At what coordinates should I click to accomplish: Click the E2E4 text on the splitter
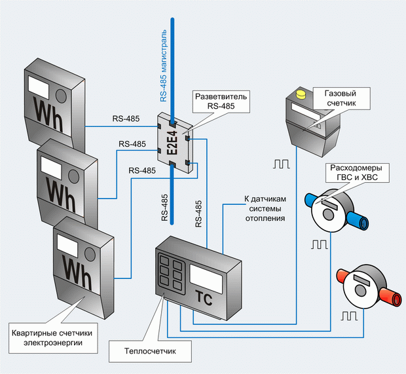pyautogui.click(x=172, y=143)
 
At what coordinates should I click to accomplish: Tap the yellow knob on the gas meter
pyautogui.click(x=301, y=94)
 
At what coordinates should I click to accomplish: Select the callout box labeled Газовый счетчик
pyautogui.click(x=342, y=98)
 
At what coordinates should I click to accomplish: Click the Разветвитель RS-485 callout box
pyautogui.click(x=221, y=102)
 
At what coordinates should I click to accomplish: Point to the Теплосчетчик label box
pyautogui.click(x=150, y=351)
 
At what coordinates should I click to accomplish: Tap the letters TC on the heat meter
pyautogui.click(x=203, y=299)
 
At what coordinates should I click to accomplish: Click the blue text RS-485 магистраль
pyautogui.click(x=164, y=65)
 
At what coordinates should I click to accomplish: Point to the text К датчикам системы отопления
pyautogui.click(x=265, y=208)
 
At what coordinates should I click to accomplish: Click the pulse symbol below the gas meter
pyautogui.click(x=282, y=164)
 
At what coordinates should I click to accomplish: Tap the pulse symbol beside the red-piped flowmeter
pyautogui.click(x=349, y=316)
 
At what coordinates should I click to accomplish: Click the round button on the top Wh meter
pyautogui.click(x=62, y=96)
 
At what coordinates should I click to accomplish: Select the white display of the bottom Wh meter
pyautogui.click(x=67, y=246)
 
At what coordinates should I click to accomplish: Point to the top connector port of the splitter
pyautogui.click(x=172, y=123)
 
